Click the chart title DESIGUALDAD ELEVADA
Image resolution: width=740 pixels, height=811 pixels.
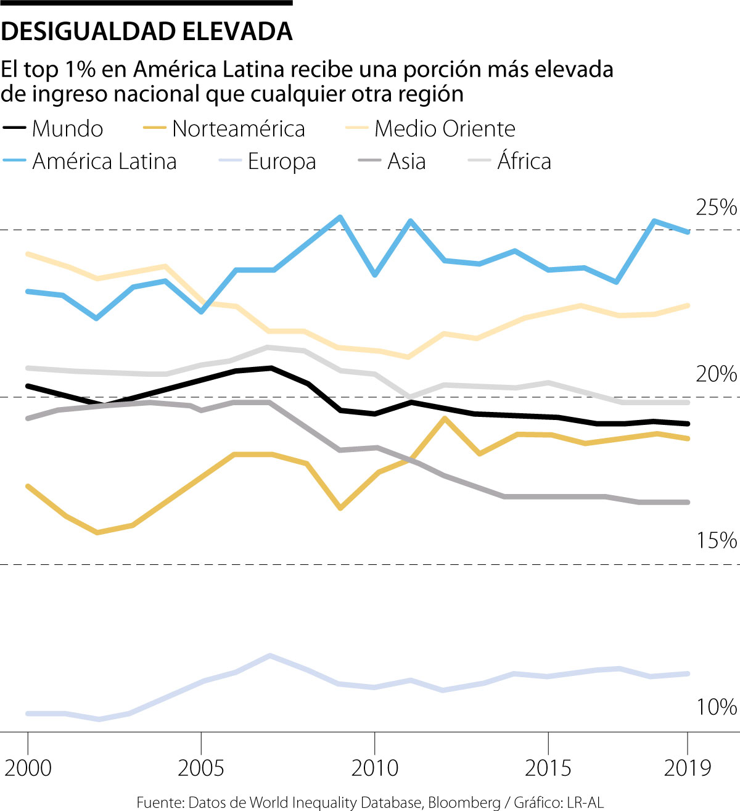coord(147,31)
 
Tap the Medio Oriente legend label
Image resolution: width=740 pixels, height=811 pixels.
coord(445,129)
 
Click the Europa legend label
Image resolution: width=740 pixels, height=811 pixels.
coord(282,162)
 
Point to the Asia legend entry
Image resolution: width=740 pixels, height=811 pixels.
coord(406,162)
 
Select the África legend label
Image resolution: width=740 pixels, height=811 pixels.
coord(524,162)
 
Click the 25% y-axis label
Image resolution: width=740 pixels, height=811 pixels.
coord(716,208)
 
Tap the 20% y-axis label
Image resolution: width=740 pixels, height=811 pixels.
coord(716,374)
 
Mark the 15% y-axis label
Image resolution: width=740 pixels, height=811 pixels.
coord(716,541)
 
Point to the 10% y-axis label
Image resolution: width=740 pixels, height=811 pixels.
coord(716,707)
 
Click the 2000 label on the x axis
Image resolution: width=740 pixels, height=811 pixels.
coord(28,768)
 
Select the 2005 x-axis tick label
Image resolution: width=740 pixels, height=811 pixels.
coord(201,768)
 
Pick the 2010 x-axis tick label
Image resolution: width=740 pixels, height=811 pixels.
coord(374,768)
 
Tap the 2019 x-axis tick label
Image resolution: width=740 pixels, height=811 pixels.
coord(688,768)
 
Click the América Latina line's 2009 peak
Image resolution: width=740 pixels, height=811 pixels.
coord(340,217)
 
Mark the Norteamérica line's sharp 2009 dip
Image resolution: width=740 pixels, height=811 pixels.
coord(340,508)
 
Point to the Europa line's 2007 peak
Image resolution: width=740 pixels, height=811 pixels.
coord(269,655)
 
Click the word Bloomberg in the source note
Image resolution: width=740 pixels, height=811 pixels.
coord(464,802)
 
